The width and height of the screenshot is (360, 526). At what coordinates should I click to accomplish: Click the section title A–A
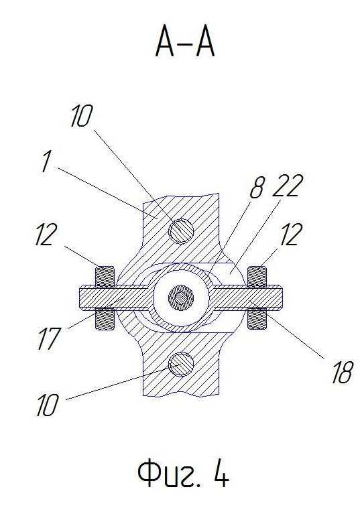185,44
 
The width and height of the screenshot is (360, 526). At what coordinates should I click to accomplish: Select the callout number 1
48,161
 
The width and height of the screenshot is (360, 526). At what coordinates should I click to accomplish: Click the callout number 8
257,187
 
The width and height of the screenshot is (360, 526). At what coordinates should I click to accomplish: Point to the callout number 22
288,186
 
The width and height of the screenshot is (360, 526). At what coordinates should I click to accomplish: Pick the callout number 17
49,338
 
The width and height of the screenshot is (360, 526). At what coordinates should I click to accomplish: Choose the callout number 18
343,372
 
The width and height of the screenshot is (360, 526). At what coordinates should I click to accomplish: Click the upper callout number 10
81,116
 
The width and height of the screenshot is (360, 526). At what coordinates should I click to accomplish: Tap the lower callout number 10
48,405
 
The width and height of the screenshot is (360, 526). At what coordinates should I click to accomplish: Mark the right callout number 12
291,235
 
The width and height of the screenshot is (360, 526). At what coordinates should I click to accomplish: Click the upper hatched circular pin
181,231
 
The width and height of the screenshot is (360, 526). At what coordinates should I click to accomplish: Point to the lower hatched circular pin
181,365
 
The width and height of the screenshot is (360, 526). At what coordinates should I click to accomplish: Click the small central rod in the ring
181,298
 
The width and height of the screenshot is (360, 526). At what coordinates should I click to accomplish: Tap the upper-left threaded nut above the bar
105,277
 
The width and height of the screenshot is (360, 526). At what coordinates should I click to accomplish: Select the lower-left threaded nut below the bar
105,319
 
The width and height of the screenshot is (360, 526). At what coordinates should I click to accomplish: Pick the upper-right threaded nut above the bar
257,277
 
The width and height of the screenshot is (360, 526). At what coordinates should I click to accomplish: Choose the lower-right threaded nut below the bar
257,318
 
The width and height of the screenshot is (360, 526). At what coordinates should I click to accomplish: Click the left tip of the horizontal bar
80,298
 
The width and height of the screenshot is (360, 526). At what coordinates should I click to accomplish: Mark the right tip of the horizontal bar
282,298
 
